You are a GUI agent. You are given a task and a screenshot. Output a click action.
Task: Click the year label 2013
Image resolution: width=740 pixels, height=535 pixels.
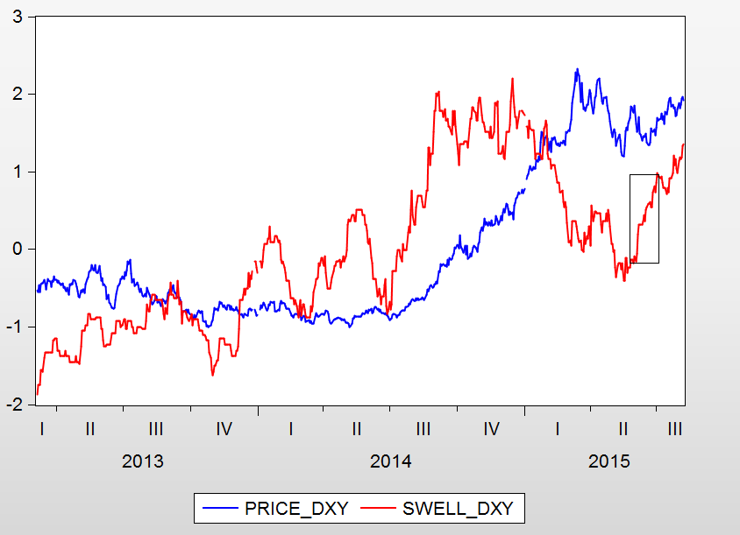coord(143,461)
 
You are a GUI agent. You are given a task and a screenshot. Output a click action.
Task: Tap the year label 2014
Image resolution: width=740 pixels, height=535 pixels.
coord(391,461)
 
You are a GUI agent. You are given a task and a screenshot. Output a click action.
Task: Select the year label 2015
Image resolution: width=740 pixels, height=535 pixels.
coord(609,461)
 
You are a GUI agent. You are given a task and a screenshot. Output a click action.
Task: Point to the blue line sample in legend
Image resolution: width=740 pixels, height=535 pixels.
coord(221,506)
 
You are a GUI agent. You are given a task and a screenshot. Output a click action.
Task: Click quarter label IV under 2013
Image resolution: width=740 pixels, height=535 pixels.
coord(224,429)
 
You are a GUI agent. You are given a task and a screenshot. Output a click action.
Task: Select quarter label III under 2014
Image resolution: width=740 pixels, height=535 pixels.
coord(423,429)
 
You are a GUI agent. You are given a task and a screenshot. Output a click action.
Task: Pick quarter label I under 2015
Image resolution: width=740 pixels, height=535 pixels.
coord(557,429)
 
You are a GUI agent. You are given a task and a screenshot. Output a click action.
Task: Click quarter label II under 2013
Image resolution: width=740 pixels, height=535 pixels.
coord(89,429)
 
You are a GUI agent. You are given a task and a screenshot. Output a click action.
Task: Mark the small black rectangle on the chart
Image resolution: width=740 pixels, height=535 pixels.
coord(644,218)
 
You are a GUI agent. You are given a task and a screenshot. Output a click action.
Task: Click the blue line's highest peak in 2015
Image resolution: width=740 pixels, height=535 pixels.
coord(577,69)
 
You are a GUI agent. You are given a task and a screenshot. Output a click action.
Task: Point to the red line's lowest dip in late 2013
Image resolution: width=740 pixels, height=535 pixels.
coord(212,375)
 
